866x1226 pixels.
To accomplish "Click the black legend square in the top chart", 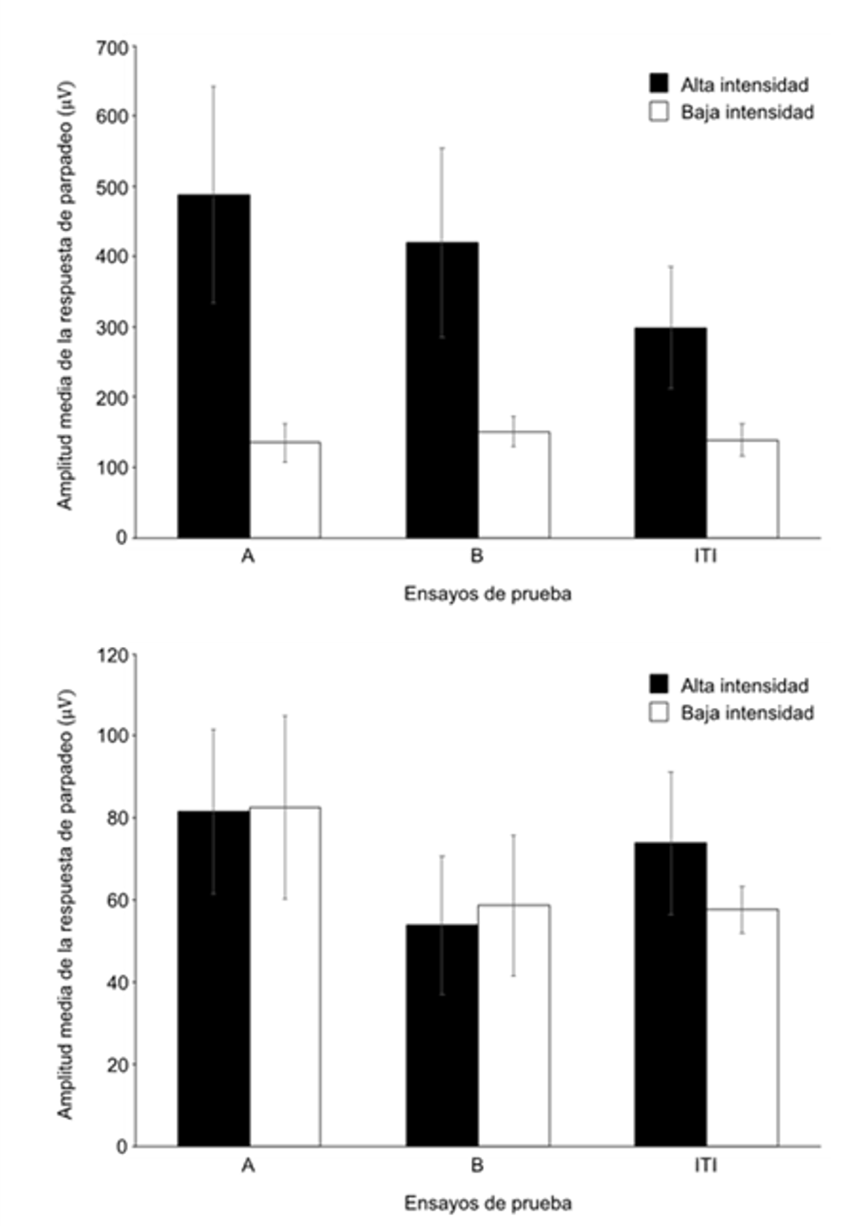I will tap(659, 84).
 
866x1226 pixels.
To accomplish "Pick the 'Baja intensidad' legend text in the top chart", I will tap(747, 112).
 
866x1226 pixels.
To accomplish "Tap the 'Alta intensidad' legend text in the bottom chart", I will tap(744, 685).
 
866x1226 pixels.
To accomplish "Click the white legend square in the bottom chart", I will tap(659, 712).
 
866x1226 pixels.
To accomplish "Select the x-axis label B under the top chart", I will tap(477, 556).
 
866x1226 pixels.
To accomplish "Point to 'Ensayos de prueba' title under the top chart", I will tap(488, 594).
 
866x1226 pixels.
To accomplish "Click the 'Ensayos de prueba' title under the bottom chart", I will tap(488, 1203).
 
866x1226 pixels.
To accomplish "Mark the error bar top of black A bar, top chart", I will tap(214, 86).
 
